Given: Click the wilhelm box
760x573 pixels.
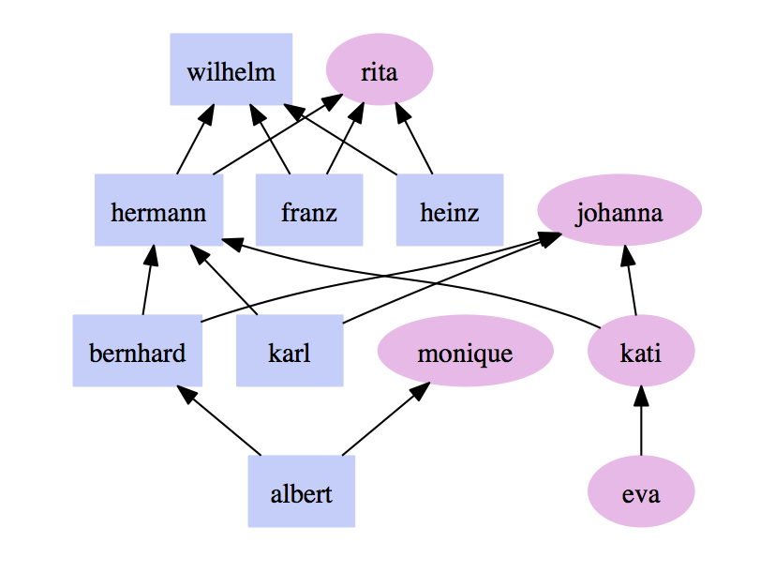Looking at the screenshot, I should (231, 69).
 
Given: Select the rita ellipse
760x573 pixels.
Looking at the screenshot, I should (379, 70).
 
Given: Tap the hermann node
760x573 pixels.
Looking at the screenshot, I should (158, 210).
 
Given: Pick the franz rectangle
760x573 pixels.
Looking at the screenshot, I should (309, 210).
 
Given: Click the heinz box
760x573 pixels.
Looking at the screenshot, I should (450, 210).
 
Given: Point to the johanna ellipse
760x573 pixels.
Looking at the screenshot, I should (619, 211).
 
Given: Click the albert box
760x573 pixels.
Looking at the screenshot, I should (301, 491).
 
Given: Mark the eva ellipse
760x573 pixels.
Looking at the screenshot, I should (641, 491).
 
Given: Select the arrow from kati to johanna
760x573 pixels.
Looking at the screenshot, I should (631, 280).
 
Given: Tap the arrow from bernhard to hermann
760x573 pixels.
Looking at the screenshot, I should (147, 280).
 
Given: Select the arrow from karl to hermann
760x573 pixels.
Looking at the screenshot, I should (224, 280).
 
